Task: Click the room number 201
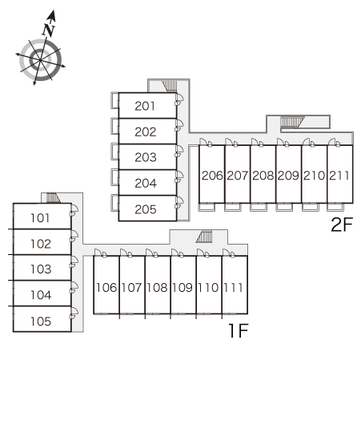coord(145,106)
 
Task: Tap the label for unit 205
coord(146,209)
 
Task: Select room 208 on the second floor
coord(263,176)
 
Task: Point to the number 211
coord(339,176)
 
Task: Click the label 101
coord(40,218)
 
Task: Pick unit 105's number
coord(41,322)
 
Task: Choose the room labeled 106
coord(106,288)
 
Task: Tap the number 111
coord(233,288)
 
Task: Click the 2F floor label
coord(342,225)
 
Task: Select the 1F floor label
coord(239,330)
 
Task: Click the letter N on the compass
coord(49,30)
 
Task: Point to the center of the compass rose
coord(40,60)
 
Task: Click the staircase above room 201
coord(170,86)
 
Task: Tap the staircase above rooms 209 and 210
coord(292,122)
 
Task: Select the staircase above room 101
coord(53,198)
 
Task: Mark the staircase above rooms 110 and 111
coord(204,237)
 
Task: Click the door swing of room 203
coord(179,151)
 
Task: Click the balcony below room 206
coord(207,208)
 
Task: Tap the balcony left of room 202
coord(114,127)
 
